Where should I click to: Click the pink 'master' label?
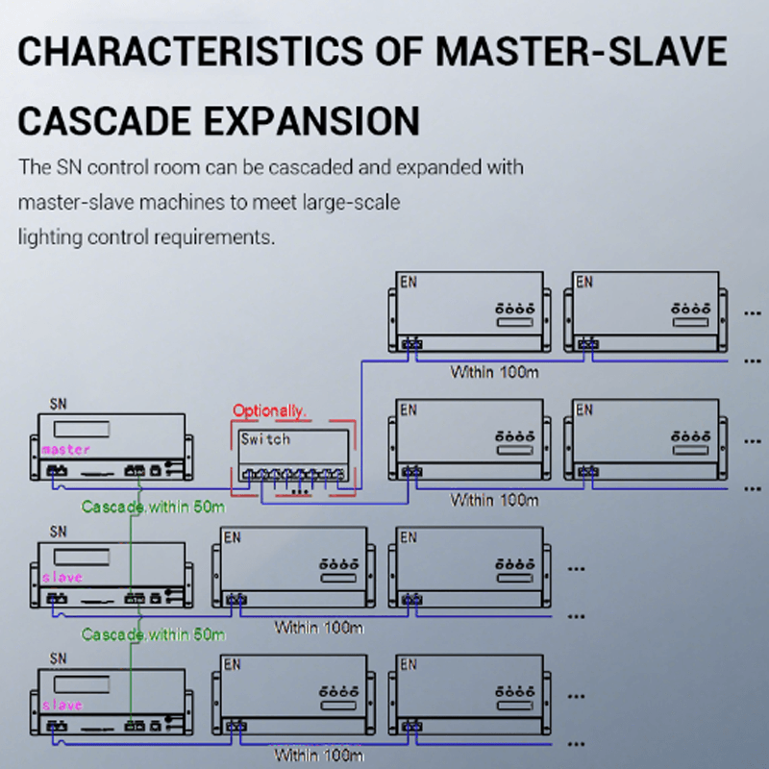point(65,449)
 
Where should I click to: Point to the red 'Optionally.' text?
point(269,410)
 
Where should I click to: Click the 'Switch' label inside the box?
point(265,439)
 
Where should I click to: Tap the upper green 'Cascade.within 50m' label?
point(153,507)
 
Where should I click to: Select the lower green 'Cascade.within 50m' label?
point(153,634)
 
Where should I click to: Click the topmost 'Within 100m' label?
point(494,371)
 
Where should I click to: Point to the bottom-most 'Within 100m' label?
point(319,756)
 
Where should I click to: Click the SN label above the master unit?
point(58,406)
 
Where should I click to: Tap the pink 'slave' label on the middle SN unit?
point(62,578)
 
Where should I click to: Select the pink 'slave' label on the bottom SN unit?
point(62,706)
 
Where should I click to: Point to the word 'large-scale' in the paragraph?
point(355,202)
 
